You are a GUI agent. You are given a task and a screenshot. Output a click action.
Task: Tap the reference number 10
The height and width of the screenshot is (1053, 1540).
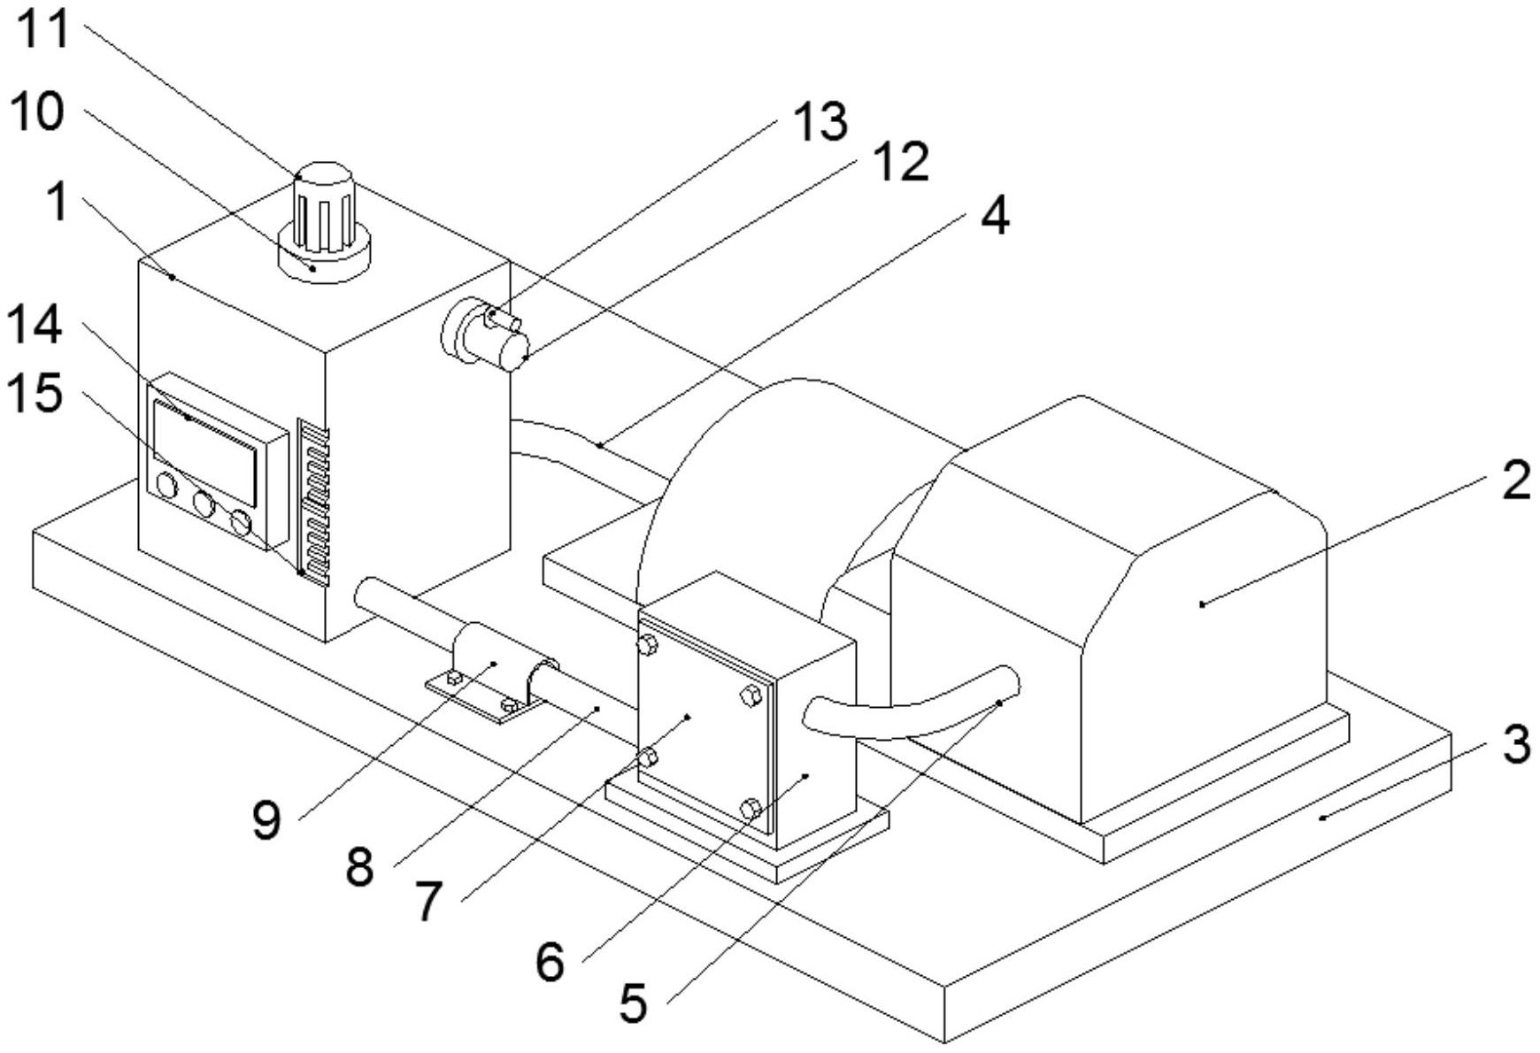click(37, 112)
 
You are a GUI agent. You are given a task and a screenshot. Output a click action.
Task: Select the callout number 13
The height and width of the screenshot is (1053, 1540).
click(820, 120)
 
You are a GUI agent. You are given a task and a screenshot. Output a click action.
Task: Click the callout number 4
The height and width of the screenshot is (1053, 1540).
click(996, 216)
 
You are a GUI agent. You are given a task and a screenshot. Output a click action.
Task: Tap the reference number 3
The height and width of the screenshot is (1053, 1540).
click(1516, 744)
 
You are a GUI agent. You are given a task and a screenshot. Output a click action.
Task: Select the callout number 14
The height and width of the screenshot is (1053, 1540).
click(35, 324)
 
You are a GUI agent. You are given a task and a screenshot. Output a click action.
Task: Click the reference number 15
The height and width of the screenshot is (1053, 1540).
click(35, 392)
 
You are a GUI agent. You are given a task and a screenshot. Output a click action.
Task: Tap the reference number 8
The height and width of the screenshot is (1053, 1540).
click(359, 867)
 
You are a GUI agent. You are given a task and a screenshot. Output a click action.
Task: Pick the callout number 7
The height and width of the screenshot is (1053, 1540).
click(428, 903)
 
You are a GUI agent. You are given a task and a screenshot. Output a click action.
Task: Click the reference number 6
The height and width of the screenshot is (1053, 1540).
click(550, 962)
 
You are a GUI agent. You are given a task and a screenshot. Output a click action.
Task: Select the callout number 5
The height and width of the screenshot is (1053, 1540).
click(634, 1003)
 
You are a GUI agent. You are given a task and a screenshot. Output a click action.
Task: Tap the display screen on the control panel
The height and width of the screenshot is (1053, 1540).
click(205, 453)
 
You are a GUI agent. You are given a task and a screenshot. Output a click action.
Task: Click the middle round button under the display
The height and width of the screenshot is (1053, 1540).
click(204, 505)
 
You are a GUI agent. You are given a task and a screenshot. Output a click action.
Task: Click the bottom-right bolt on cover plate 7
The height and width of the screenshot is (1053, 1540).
click(751, 809)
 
